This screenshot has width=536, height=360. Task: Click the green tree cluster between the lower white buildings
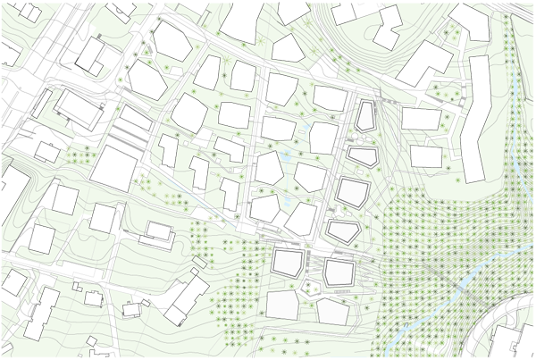pyautogui.click(x=310, y=288)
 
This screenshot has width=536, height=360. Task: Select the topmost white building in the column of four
pyautogui.click(x=364, y=117)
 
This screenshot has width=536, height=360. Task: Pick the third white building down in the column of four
pyautogui.click(x=352, y=193)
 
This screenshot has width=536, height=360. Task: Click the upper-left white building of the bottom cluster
pyautogui.click(x=288, y=264)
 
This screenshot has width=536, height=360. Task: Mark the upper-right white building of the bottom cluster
pyautogui.click(x=337, y=272)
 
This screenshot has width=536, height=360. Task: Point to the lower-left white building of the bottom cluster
pyautogui.click(x=283, y=303)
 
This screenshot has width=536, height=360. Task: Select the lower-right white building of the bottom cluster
pyautogui.click(x=331, y=310)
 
